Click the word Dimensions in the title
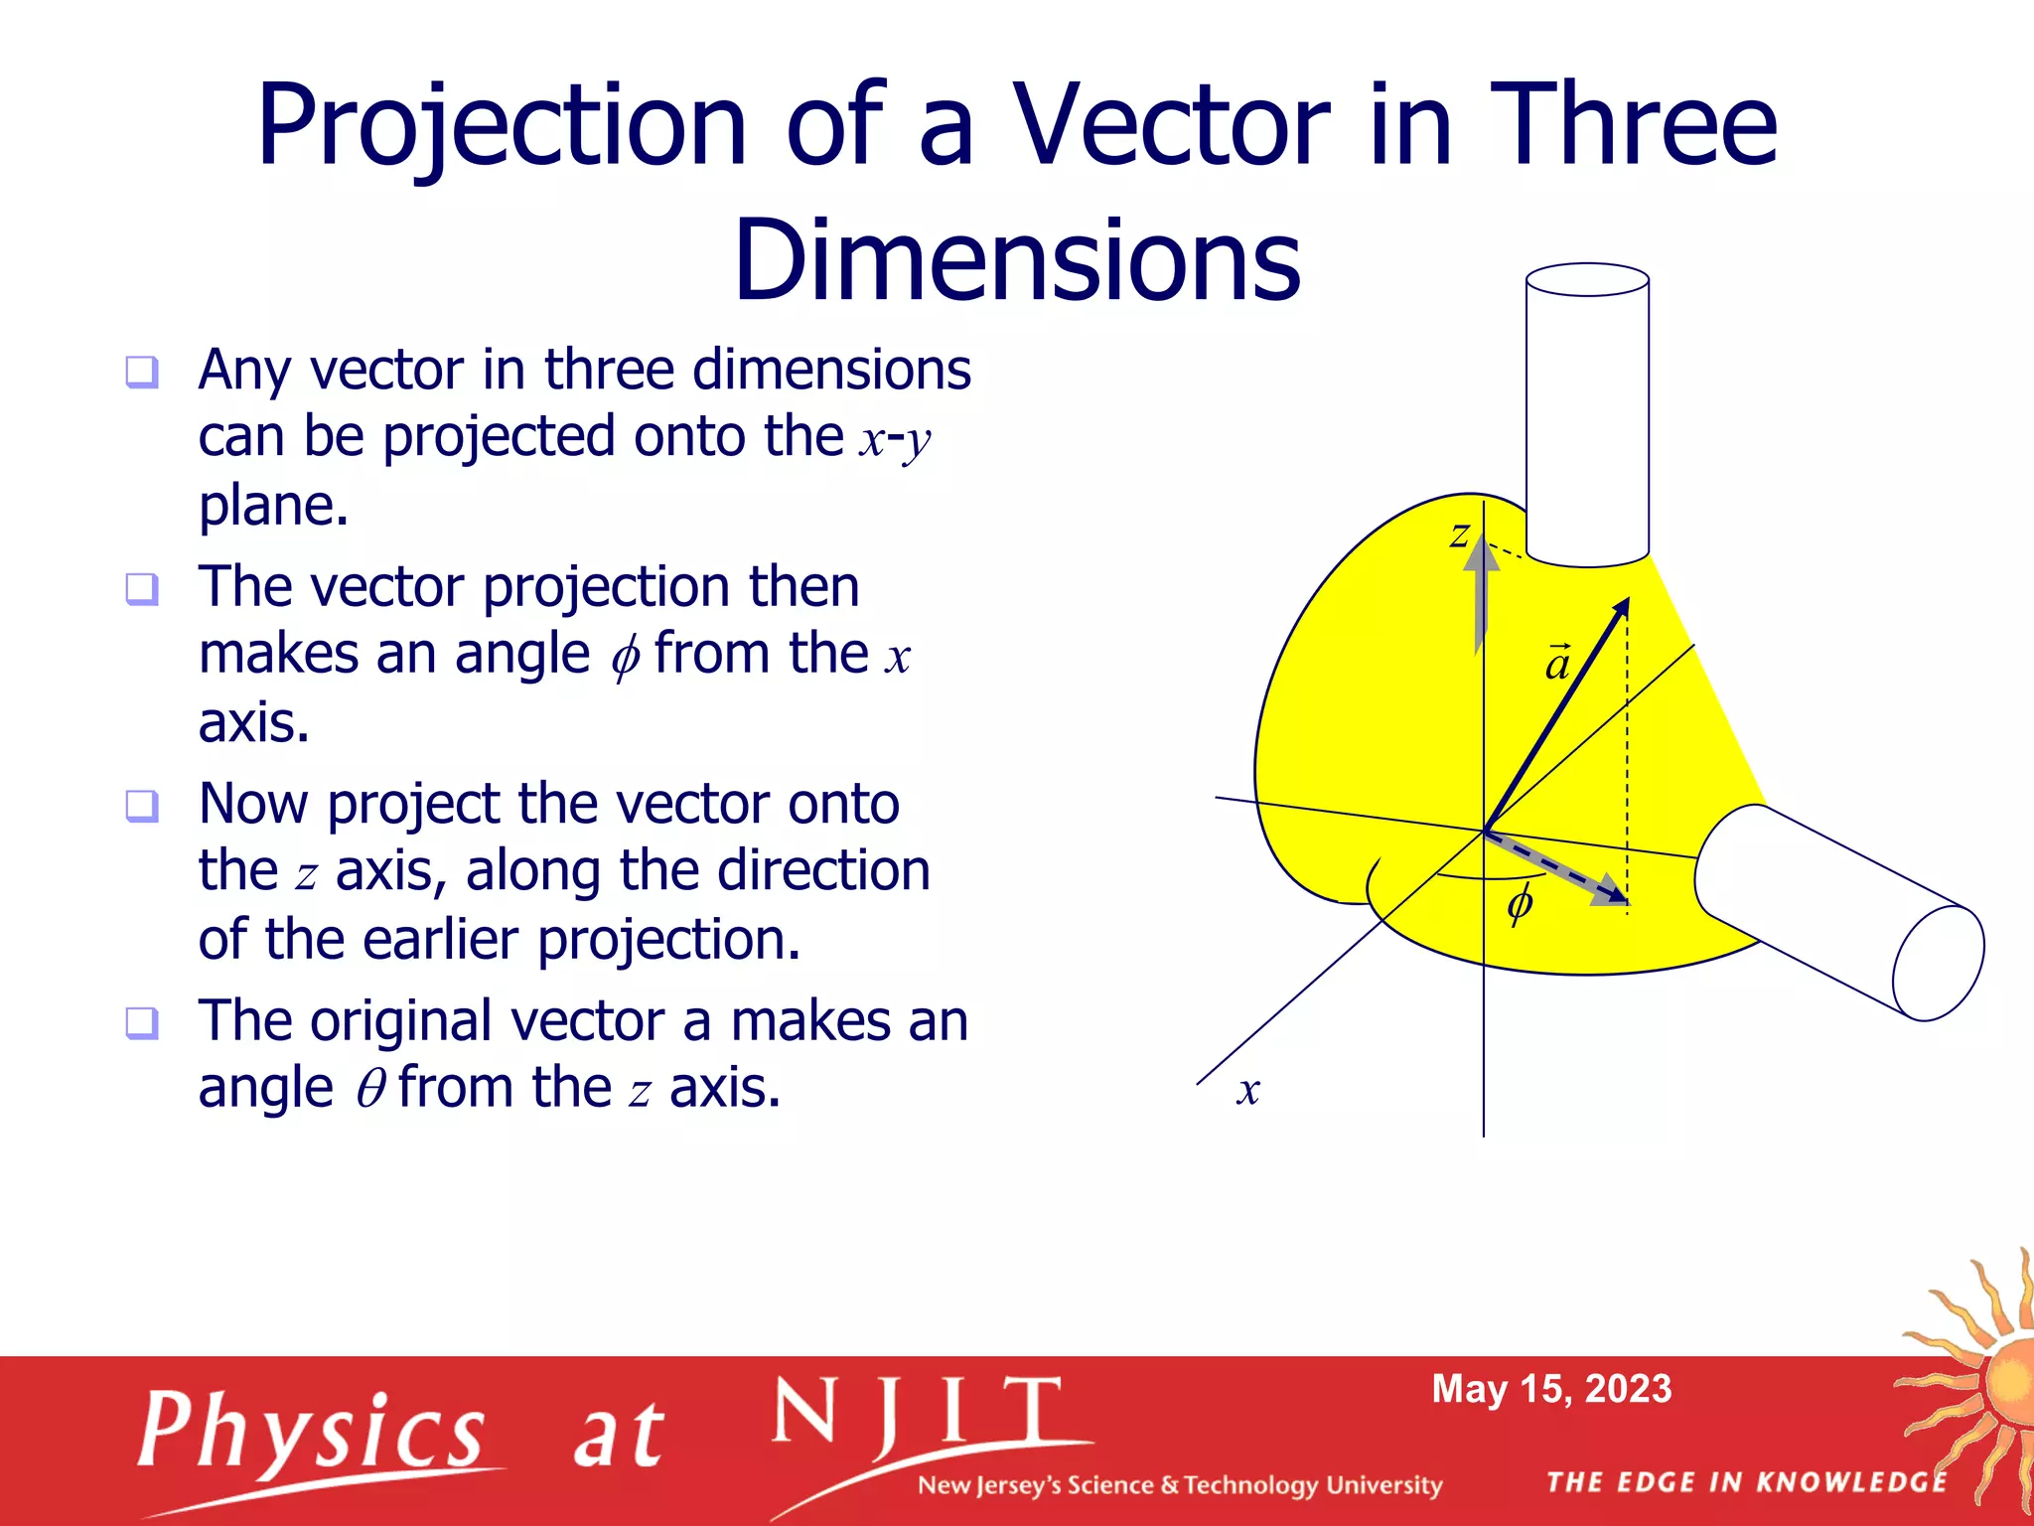pyautogui.click(x=1016, y=261)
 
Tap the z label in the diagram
pyautogui.click(x=1458, y=535)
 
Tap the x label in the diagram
pyautogui.click(x=1248, y=1091)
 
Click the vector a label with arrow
pyautogui.click(x=1557, y=664)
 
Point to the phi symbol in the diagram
pyautogui.click(x=1520, y=905)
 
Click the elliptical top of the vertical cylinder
pyautogui.click(x=1587, y=280)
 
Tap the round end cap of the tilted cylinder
pyautogui.click(x=1938, y=964)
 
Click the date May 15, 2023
pyautogui.click(x=1551, y=1389)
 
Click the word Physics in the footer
pyautogui.click(x=311, y=1432)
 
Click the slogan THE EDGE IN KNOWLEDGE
pyautogui.click(x=1747, y=1483)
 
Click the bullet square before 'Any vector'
pyautogui.click(x=142, y=373)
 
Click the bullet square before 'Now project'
pyautogui.click(x=142, y=806)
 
